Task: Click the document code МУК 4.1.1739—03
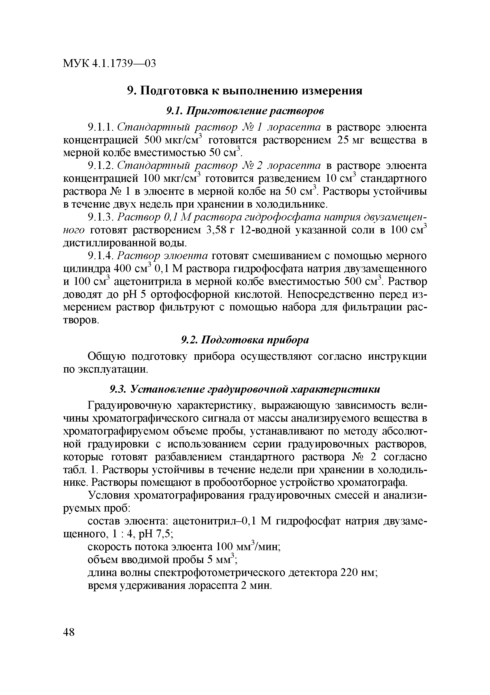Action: [x=109, y=64]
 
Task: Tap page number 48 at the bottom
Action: [x=69, y=632]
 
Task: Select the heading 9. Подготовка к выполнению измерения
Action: [x=245, y=90]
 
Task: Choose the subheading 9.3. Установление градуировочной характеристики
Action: [x=245, y=389]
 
